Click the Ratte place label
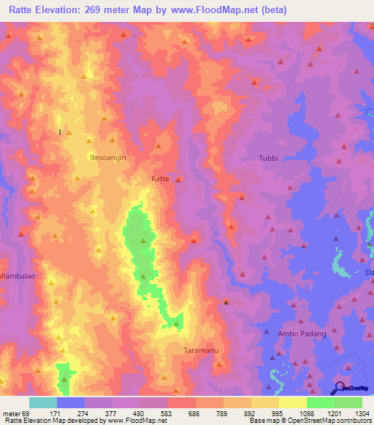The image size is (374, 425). point(160,178)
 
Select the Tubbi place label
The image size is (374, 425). point(269,158)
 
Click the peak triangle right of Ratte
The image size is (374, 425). point(179,179)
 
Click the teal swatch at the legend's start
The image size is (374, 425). point(42,402)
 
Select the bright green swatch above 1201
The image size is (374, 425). point(320,402)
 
